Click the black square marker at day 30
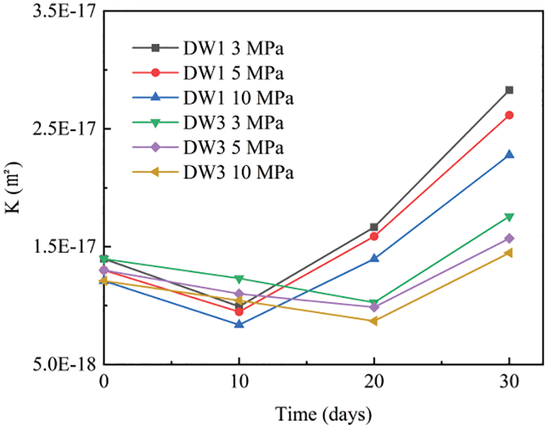tap(510, 90)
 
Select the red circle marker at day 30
tap(510, 115)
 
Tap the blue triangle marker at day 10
tap(239, 324)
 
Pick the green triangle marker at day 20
tap(374, 303)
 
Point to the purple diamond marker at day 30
tap(510, 238)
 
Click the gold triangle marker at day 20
tap(374, 321)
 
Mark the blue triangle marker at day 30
tap(510, 154)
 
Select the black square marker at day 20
tap(374, 227)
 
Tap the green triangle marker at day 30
tap(510, 217)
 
